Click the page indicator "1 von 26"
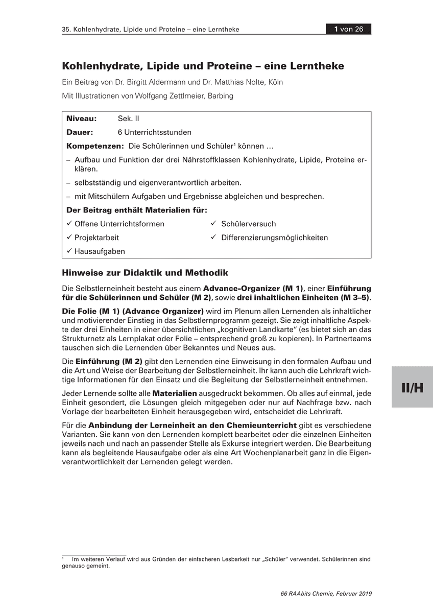[349, 29]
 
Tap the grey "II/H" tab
[412, 387]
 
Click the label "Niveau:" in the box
[82, 119]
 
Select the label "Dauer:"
[80, 132]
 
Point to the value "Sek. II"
[128, 119]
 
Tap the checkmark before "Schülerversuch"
[214, 224]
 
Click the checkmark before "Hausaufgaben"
[69, 251]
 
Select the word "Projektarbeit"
[97, 238]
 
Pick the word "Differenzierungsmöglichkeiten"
[275, 238]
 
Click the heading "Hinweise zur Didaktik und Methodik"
[145, 272]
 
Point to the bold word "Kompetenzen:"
[95, 146]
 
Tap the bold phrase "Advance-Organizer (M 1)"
[253, 288]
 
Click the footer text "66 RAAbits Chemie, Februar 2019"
[326, 594]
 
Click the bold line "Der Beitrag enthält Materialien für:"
[137, 210]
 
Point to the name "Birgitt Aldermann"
[177, 82]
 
